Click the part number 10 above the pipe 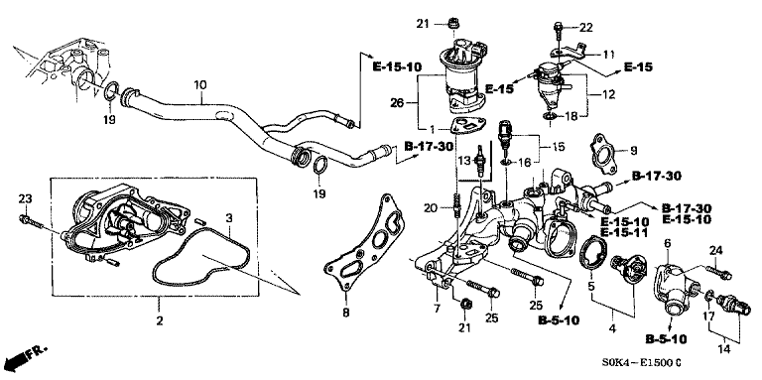[200, 85]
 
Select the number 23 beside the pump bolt [25, 198]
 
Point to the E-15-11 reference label [625, 233]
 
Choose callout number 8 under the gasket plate [345, 314]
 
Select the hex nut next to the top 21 [453, 23]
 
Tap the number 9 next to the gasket [633, 151]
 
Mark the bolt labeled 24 [718, 272]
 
